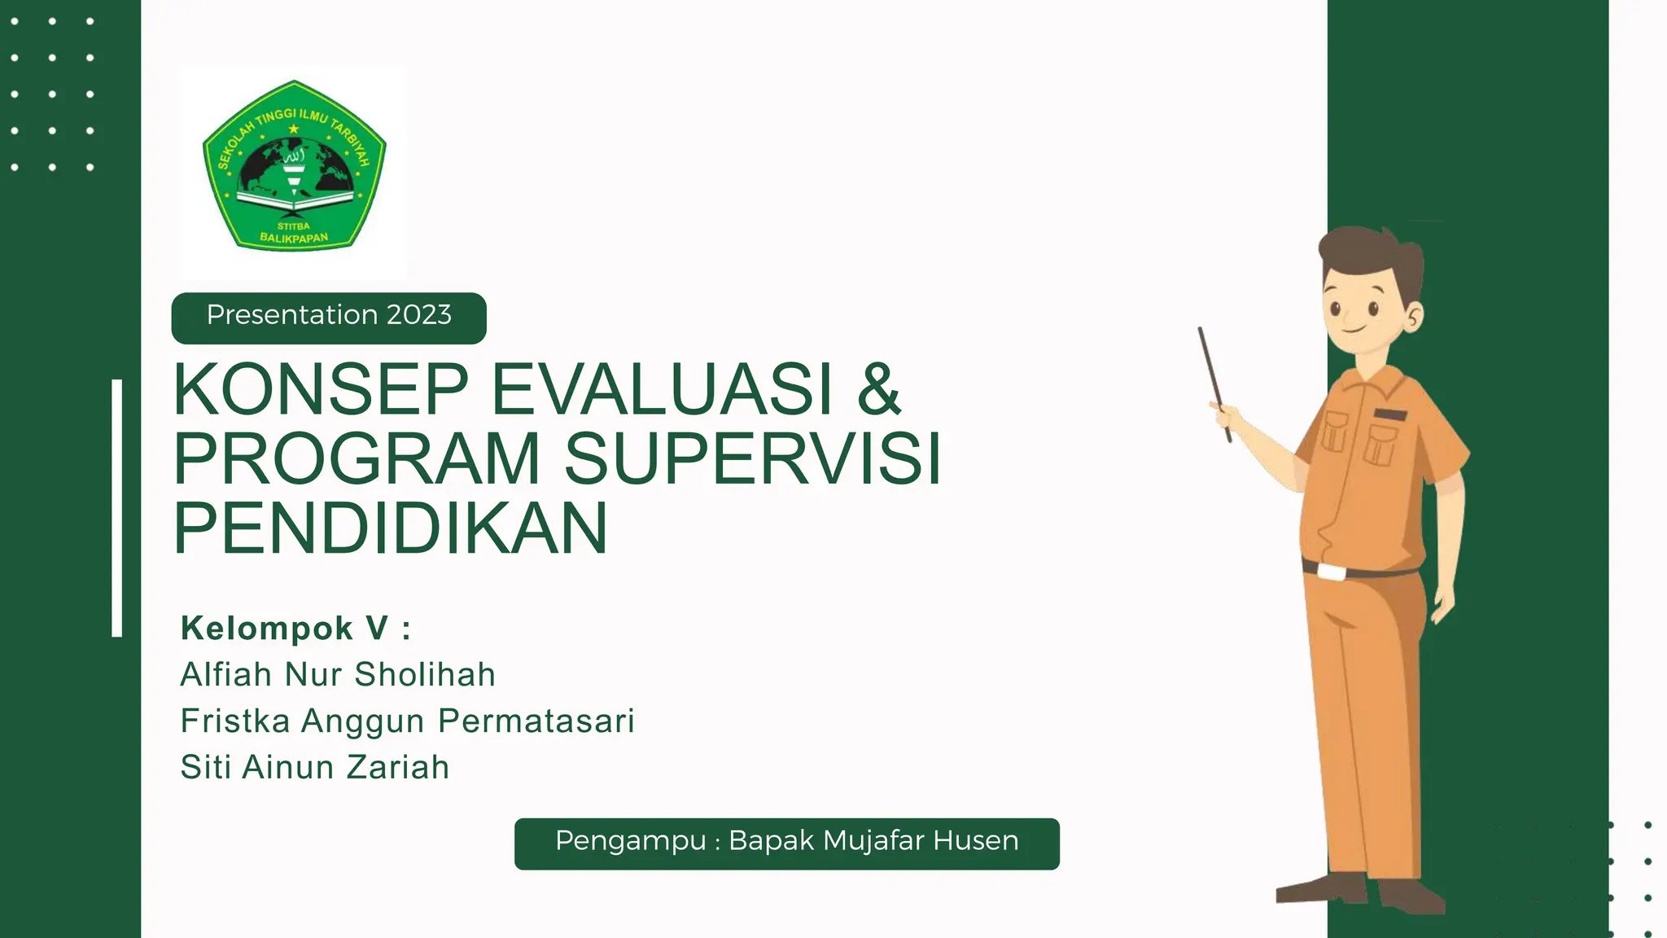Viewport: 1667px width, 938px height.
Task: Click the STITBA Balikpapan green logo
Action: pyautogui.click(x=294, y=166)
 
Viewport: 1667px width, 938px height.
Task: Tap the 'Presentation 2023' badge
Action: pyautogui.click(x=329, y=316)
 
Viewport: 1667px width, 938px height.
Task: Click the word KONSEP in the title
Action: pyautogui.click(x=321, y=389)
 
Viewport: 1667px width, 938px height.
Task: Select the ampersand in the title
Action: pyautogui.click(x=878, y=389)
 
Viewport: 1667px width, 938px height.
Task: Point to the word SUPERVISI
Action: pyautogui.click(x=752, y=458)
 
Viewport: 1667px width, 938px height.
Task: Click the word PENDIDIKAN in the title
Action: pyautogui.click(x=391, y=528)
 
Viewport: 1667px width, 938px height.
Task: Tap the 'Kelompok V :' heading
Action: pyautogui.click(x=295, y=629)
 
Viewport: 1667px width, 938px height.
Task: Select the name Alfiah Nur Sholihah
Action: pyautogui.click(x=338, y=675)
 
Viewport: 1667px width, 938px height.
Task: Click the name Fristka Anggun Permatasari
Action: pyautogui.click(x=407, y=721)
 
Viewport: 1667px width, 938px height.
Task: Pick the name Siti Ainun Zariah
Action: pyautogui.click(x=315, y=768)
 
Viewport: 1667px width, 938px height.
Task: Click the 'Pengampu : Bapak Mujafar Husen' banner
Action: pyautogui.click(x=786, y=843)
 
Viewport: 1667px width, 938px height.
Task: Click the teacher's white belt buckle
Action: pyautogui.click(x=1332, y=572)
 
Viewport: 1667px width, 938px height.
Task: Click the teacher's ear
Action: pyautogui.click(x=1413, y=316)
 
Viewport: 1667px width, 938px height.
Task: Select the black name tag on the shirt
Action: pyautogui.click(x=1390, y=414)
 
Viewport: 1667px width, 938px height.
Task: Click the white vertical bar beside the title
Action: pyautogui.click(x=117, y=507)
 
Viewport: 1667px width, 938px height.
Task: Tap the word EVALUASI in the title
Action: pyautogui.click(x=663, y=389)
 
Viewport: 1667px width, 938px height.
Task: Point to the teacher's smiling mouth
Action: pyautogui.click(x=1354, y=330)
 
